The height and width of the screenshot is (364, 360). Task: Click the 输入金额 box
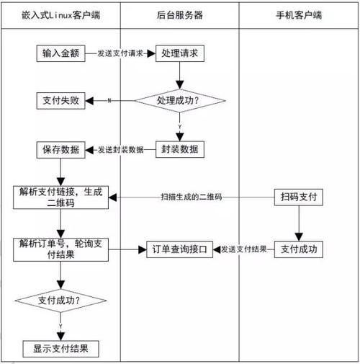(x=62, y=53)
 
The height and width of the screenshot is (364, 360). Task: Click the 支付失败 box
(x=62, y=102)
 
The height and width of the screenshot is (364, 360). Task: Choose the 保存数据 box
(x=62, y=150)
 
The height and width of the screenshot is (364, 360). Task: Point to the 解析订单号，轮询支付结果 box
(x=61, y=249)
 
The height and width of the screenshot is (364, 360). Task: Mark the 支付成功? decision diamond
(x=61, y=299)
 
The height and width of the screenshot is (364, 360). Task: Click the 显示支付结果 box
(x=61, y=349)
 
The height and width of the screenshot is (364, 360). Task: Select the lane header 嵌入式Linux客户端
(x=61, y=14)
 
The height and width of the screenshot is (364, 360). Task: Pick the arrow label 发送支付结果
(x=245, y=249)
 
